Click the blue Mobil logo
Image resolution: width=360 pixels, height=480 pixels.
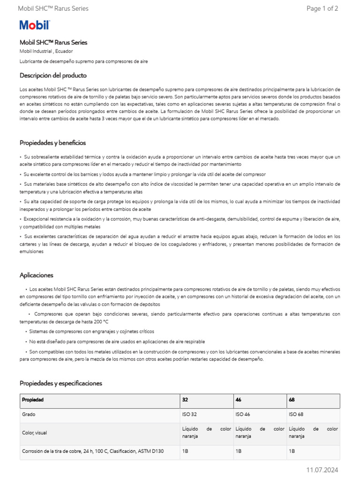[x=34, y=25]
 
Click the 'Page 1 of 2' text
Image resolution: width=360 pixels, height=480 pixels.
[x=322, y=8]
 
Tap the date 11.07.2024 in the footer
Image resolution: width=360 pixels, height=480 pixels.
[x=322, y=470]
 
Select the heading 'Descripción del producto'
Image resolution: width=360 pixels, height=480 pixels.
[x=53, y=75]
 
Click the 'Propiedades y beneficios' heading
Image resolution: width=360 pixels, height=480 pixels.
[x=52, y=142]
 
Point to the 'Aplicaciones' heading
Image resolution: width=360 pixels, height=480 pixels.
[x=37, y=275]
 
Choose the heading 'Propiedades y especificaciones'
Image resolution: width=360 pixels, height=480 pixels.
[x=60, y=383]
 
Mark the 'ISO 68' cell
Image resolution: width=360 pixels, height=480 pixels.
[x=296, y=415]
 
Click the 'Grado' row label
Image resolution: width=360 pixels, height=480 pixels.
[x=29, y=415]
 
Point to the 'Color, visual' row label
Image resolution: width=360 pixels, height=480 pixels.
[x=34, y=433]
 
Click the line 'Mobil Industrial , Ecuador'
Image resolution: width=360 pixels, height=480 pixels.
[x=46, y=51]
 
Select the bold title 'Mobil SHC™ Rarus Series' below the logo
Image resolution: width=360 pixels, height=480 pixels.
[x=53, y=42]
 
